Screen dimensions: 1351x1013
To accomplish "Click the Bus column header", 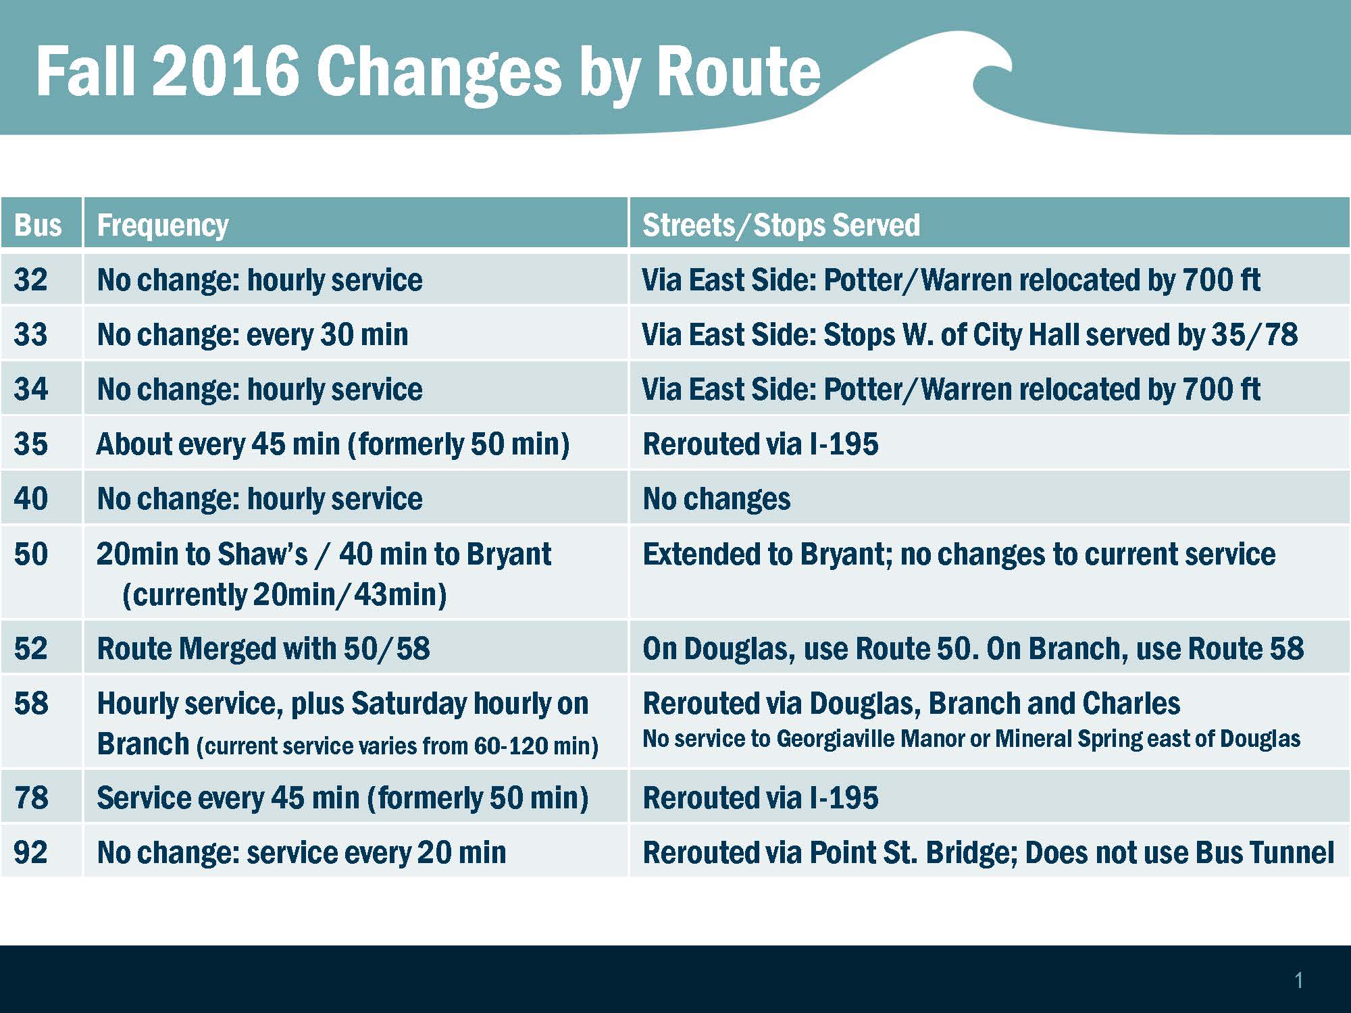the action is pyautogui.click(x=38, y=226).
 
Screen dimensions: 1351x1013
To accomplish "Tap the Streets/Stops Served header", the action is pyautogui.click(x=781, y=226).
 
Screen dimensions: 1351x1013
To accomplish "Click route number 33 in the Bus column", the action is pyautogui.click(x=31, y=335).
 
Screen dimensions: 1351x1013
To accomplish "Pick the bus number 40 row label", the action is pyautogui.click(x=31, y=499).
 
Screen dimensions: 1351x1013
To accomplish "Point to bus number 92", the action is pyautogui.click(x=31, y=852).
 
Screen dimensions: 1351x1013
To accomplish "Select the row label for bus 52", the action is pyautogui.click(x=31, y=648).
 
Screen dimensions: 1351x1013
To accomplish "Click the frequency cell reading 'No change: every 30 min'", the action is pyautogui.click(x=253, y=335).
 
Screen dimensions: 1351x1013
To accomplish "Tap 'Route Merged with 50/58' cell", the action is pyautogui.click(x=263, y=648).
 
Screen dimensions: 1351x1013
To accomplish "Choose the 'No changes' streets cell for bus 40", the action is pyautogui.click(x=717, y=499).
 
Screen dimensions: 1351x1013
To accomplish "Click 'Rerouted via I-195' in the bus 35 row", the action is pyautogui.click(x=761, y=444).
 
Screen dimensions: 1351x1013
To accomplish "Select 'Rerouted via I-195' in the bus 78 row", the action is pyautogui.click(x=761, y=798).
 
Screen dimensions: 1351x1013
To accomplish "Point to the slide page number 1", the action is pyautogui.click(x=1298, y=981).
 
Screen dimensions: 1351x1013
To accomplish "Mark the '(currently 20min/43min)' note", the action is pyautogui.click(x=284, y=595).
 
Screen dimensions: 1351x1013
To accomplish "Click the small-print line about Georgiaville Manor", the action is pyautogui.click(x=971, y=739).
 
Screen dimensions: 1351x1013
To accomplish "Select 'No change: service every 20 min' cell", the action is pyautogui.click(x=301, y=852).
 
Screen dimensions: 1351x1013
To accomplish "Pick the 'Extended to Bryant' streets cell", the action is pyautogui.click(x=959, y=554).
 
